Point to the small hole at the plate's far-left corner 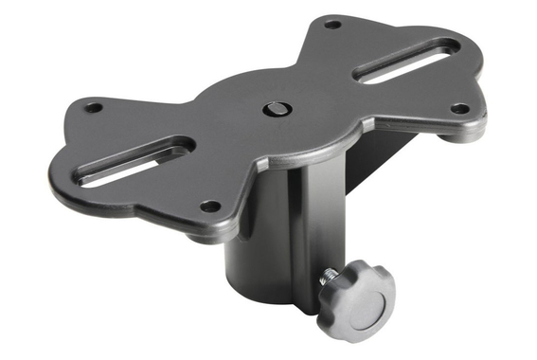94,107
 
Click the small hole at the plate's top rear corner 331,24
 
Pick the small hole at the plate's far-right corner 459,109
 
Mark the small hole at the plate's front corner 210,206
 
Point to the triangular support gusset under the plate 365,156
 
